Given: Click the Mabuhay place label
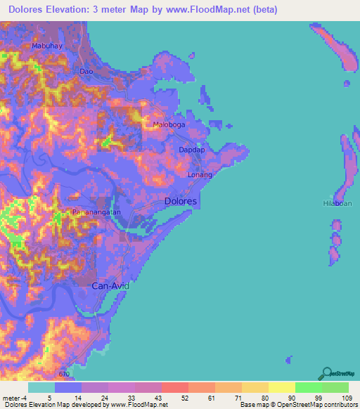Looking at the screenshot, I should point(46,46).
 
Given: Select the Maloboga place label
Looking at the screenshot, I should point(169,125).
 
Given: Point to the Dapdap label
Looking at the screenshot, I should point(191,150).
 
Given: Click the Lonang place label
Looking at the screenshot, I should point(200,175).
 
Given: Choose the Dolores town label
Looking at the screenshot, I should point(180,201).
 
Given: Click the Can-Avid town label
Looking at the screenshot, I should point(111,286).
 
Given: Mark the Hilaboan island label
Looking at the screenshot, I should point(336,203).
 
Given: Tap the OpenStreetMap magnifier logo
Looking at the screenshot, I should point(326,373).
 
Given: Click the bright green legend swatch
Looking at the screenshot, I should point(308,387).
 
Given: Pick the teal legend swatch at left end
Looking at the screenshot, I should point(41,387).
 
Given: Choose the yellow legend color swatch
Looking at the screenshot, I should point(281,387).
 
